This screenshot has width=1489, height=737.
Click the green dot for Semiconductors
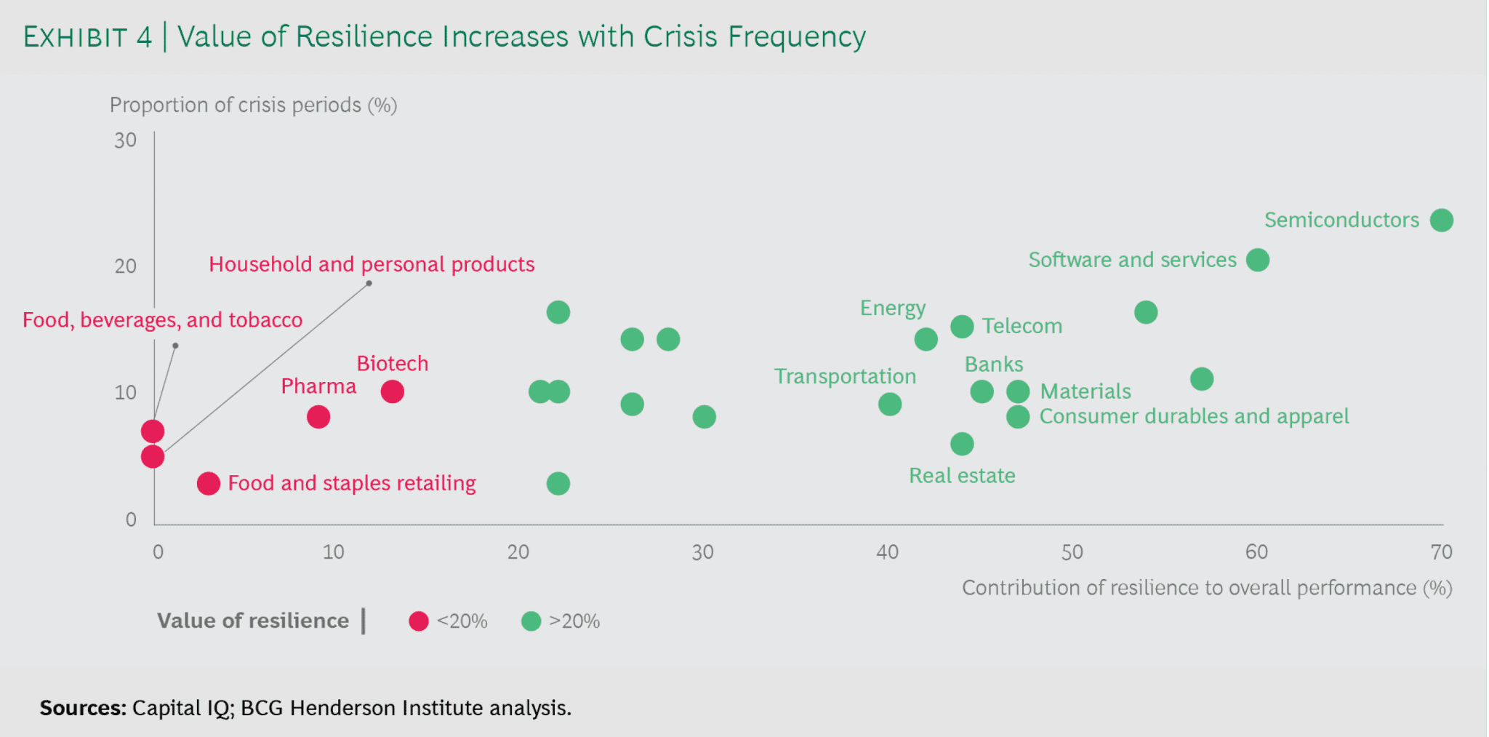pyautogui.click(x=1441, y=220)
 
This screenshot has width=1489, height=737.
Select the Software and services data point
pyautogui.click(x=1257, y=260)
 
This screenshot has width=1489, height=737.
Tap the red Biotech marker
pyautogui.click(x=392, y=391)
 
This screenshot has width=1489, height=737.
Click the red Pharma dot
pyautogui.click(x=318, y=417)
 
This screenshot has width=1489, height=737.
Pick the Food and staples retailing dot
pyautogui.click(x=208, y=483)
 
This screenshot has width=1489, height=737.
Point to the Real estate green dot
pyautogui.click(x=961, y=444)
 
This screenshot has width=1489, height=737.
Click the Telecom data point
pyautogui.click(x=961, y=327)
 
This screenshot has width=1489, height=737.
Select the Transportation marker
pyautogui.click(x=889, y=404)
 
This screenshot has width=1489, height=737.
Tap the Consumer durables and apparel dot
pyautogui.click(x=1017, y=417)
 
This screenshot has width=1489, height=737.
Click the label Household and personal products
pyautogui.click(x=371, y=264)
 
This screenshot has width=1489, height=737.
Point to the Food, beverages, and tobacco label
pyautogui.click(x=162, y=320)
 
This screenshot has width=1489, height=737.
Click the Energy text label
pyautogui.click(x=892, y=308)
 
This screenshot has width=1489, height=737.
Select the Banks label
pyautogui.click(x=993, y=364)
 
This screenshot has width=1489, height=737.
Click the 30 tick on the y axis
pyautogui.click(x=125, y=140)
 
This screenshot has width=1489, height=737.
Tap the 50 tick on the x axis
pyautogui.click(x=1072, y=552)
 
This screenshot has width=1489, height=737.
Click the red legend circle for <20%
pyautogui.click(x=418, y=621)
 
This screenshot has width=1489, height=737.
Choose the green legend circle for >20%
pyautogui.click(x=531, y=621)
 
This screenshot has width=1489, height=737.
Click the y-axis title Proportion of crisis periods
pyautogui.click(x=252, y=105)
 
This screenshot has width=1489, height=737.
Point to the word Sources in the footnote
pyautogui.click(x=82, y=708)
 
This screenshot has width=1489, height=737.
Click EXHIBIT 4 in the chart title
pyautogui.click(x=87, y=37)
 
